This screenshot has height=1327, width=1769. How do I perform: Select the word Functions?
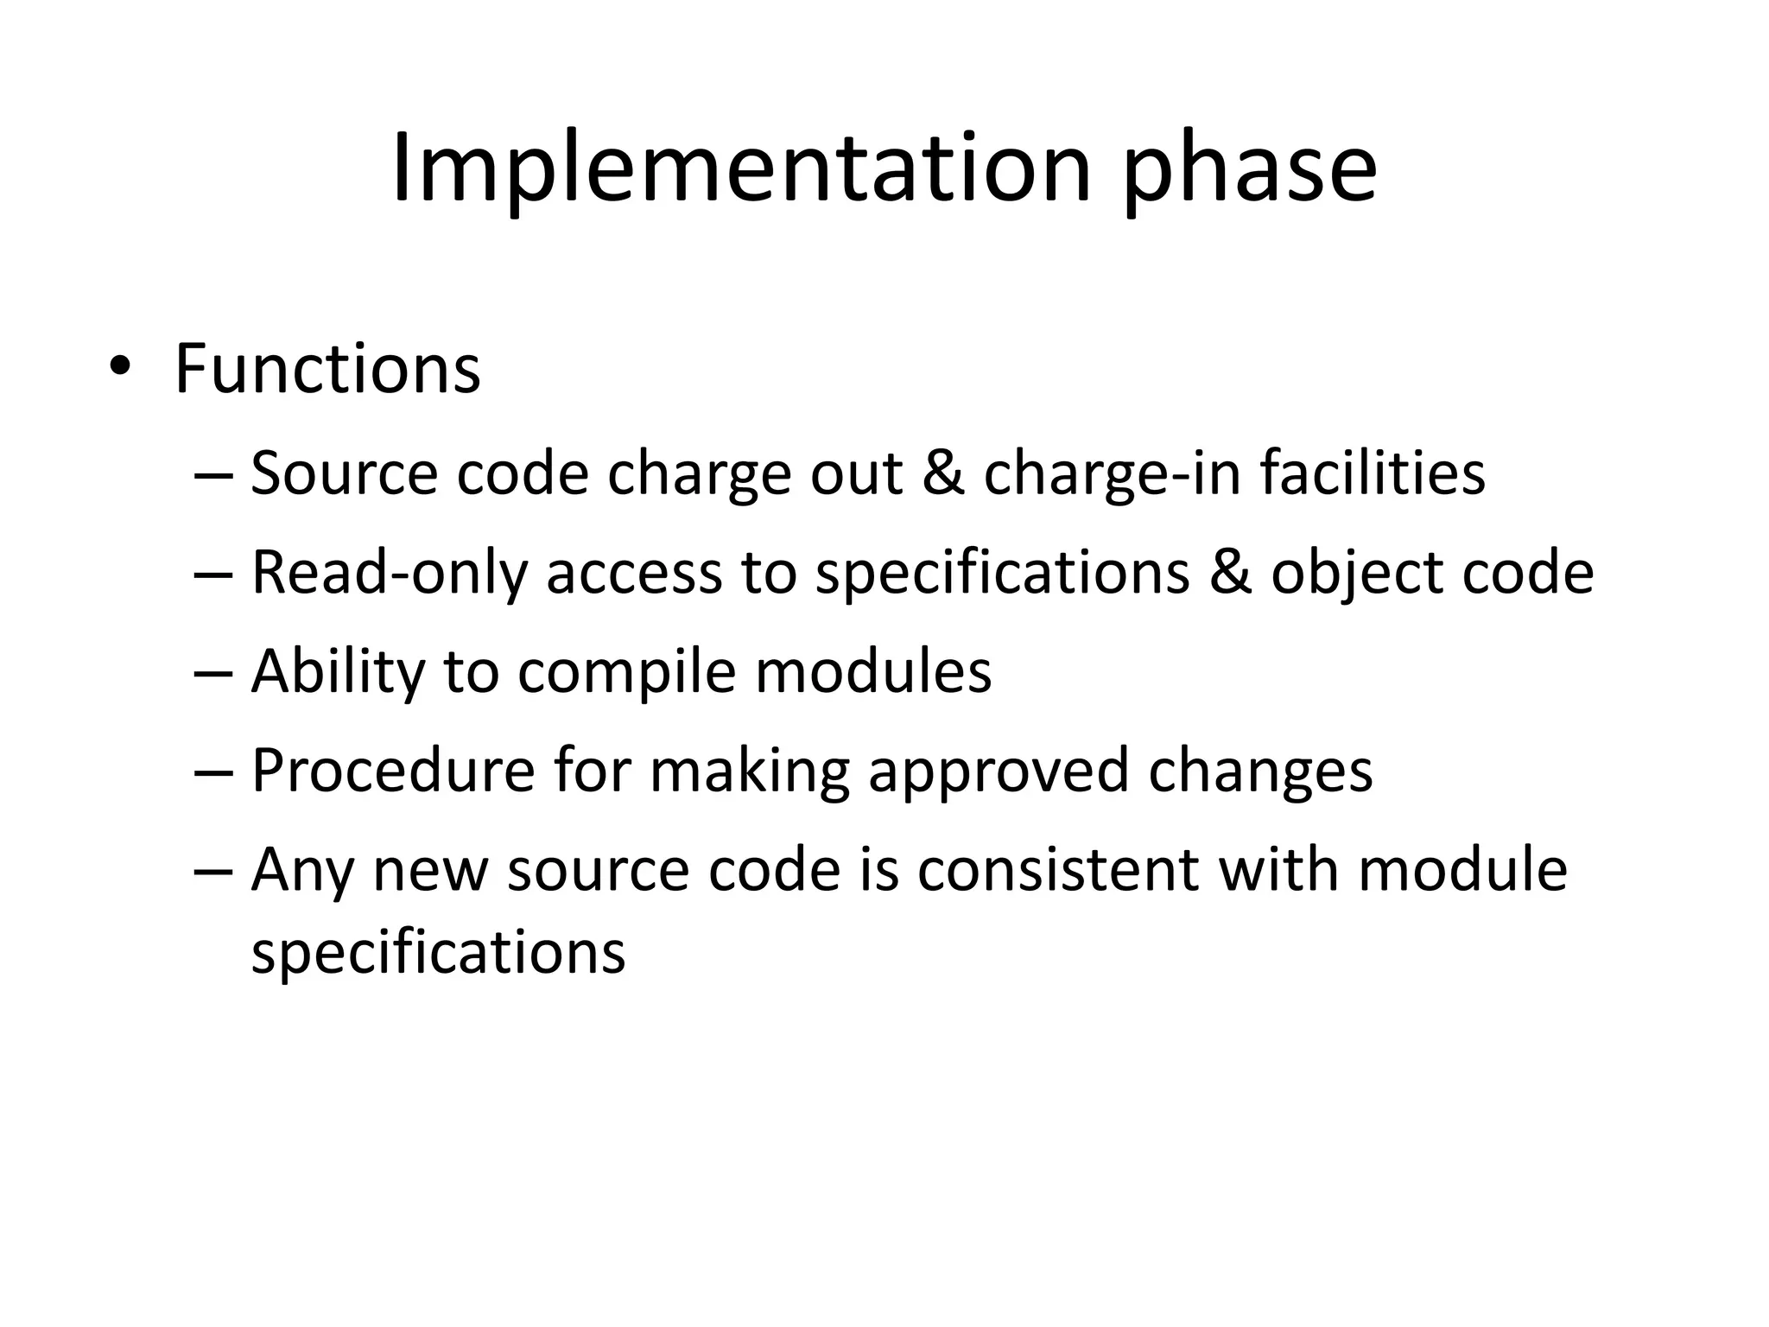click(x=327, y=370)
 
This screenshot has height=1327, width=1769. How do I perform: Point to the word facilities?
click(x=1373, y=473)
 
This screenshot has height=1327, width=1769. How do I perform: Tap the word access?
click(x=634, y=574)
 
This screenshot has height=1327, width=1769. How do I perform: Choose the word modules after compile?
click(x=873, y=671)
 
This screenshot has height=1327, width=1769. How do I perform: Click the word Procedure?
click(x=393, y=770)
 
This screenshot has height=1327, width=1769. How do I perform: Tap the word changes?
click(x=1260, y=771)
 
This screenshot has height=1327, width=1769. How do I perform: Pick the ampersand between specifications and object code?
click(x=1230, y=574)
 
